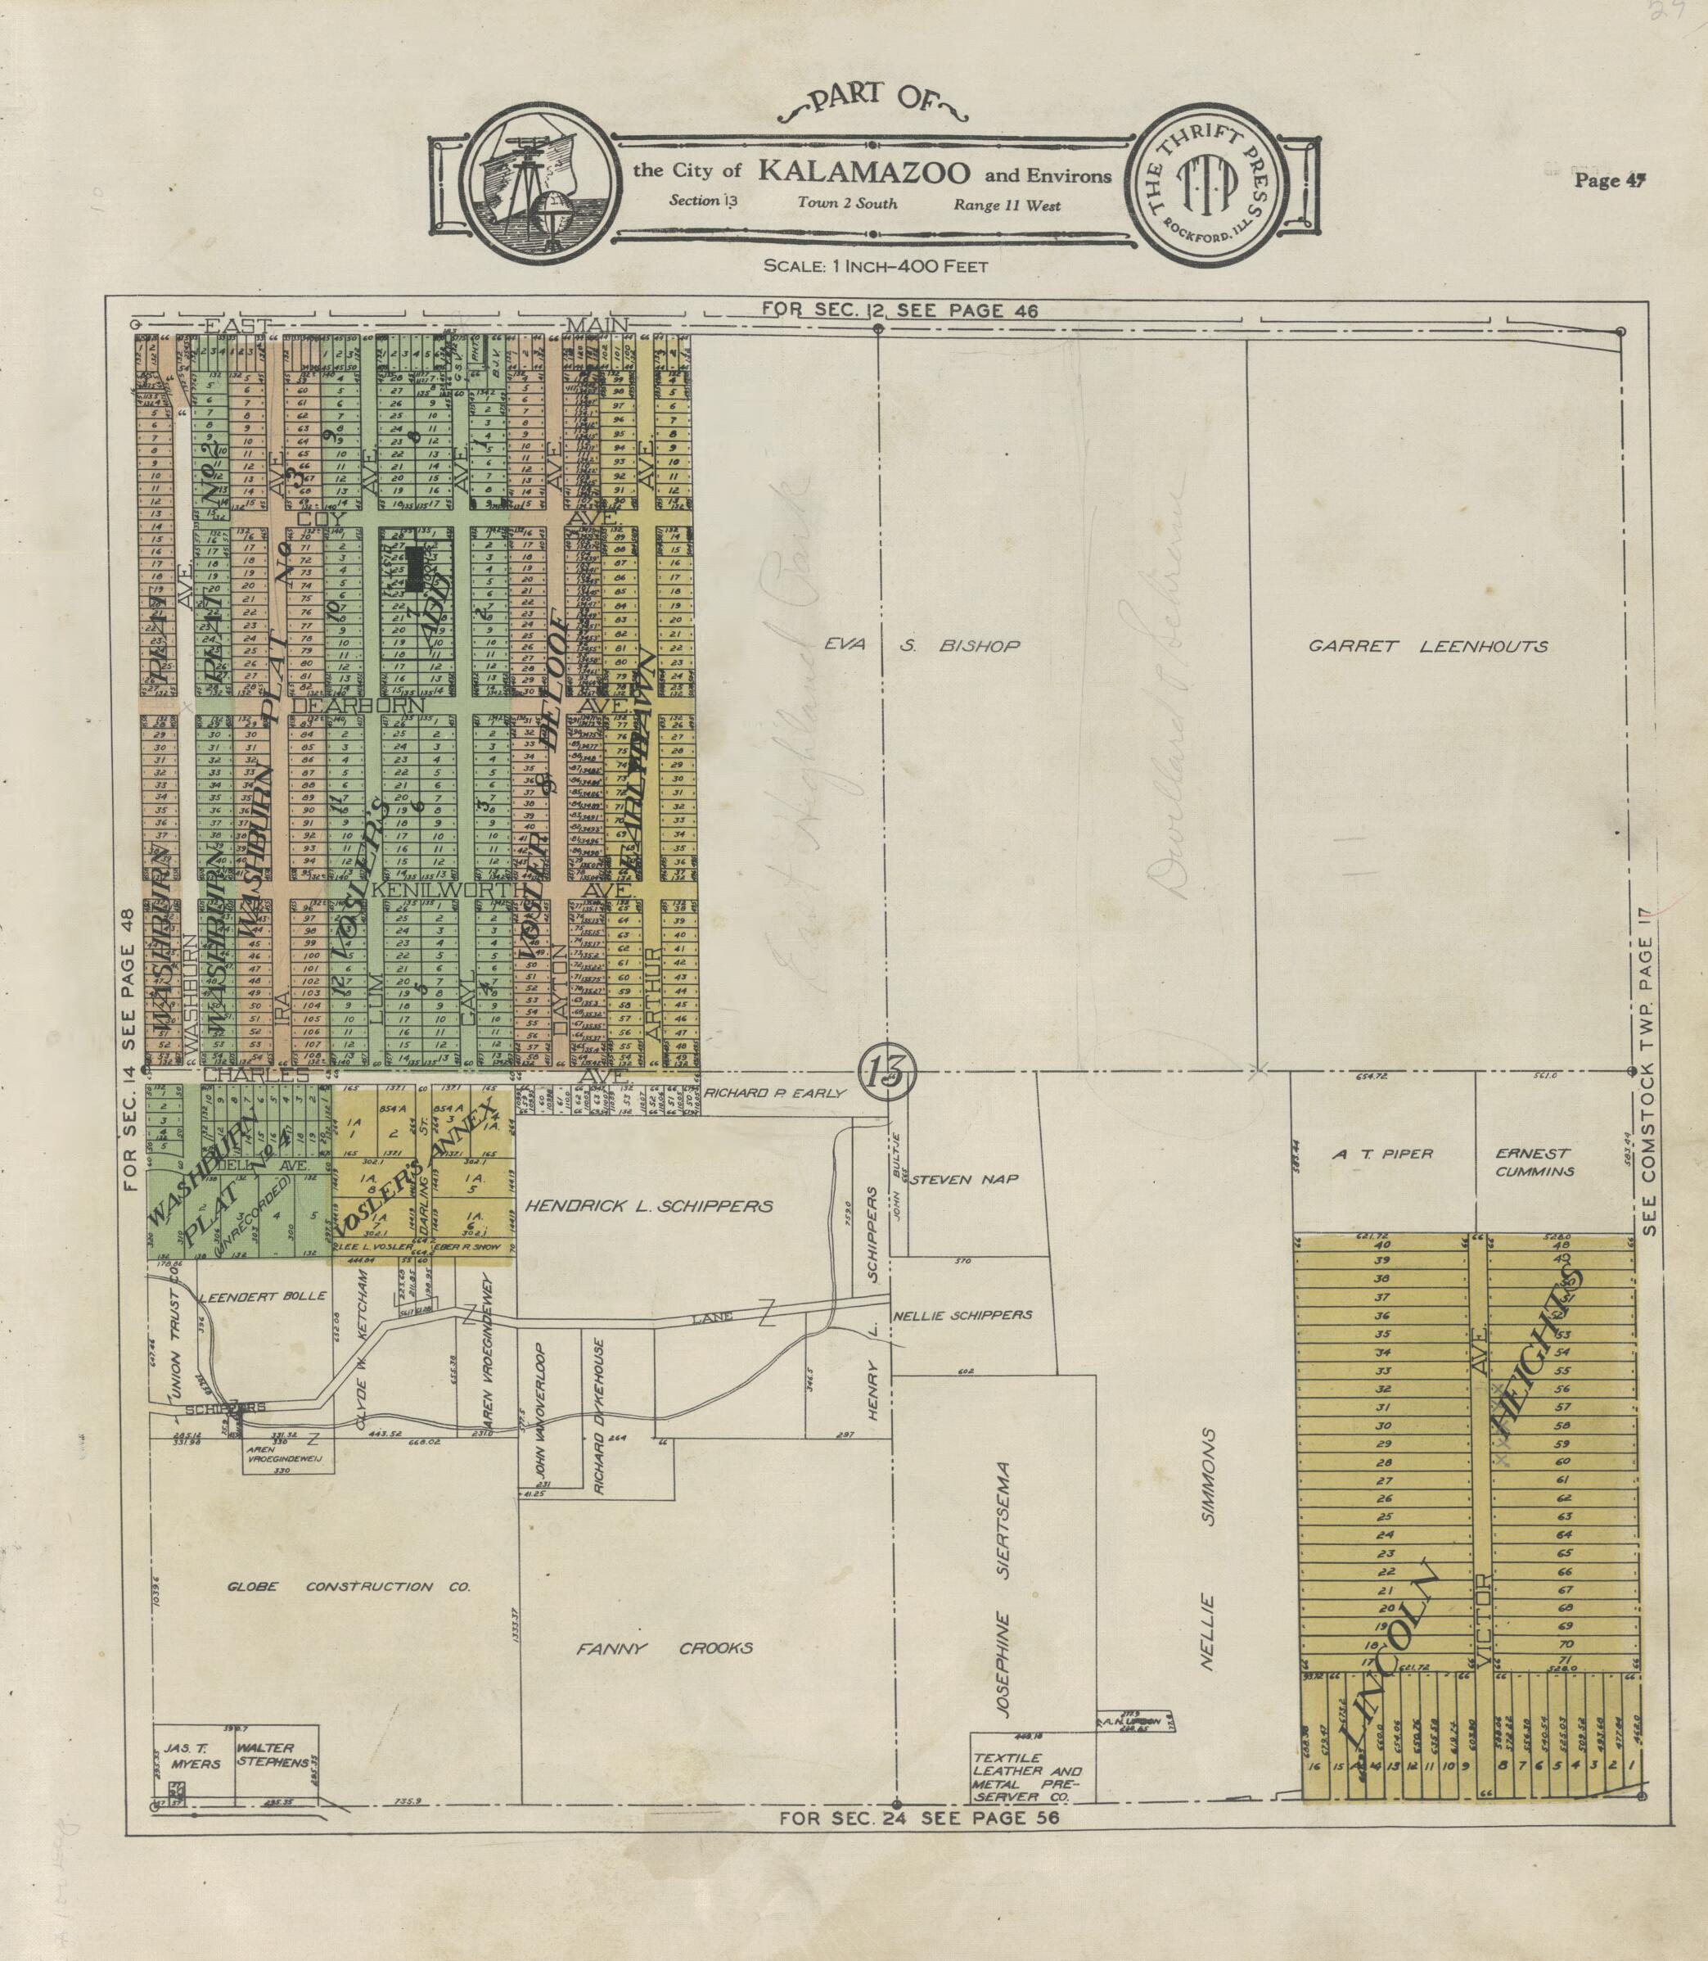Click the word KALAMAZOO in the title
(864, 172)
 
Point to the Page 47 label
(1610, 179)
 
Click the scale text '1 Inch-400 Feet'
(875, 265)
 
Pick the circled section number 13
(886, 1074)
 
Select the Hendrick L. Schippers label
(648, 1206)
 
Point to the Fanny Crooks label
(665, 1648)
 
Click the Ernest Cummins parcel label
(1533, 1162)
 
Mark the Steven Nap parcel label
(965, 1179)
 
